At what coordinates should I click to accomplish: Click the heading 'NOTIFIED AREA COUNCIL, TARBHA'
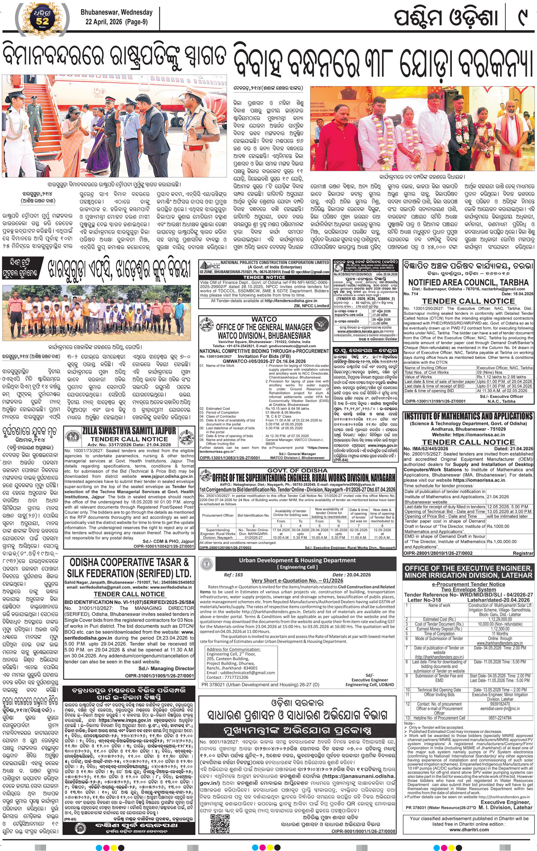468,282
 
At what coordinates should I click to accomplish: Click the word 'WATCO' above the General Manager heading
264,319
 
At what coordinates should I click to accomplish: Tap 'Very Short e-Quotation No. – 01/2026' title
297,580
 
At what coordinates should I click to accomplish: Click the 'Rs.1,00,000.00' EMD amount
502,541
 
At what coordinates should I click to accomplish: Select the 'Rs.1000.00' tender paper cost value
498,526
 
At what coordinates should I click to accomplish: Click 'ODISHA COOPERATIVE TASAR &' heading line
129,562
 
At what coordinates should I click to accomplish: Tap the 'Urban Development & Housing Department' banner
297,560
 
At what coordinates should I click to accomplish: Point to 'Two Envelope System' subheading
468,589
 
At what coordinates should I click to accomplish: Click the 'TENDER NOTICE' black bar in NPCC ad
264,277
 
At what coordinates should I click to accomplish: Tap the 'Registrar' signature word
523,553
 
